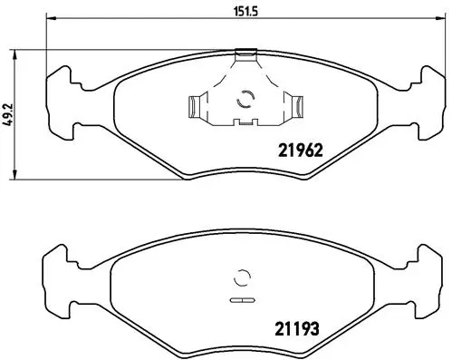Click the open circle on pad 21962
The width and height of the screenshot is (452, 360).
tap(242, 100)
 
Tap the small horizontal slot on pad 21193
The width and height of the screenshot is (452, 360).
tap(242, 298)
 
